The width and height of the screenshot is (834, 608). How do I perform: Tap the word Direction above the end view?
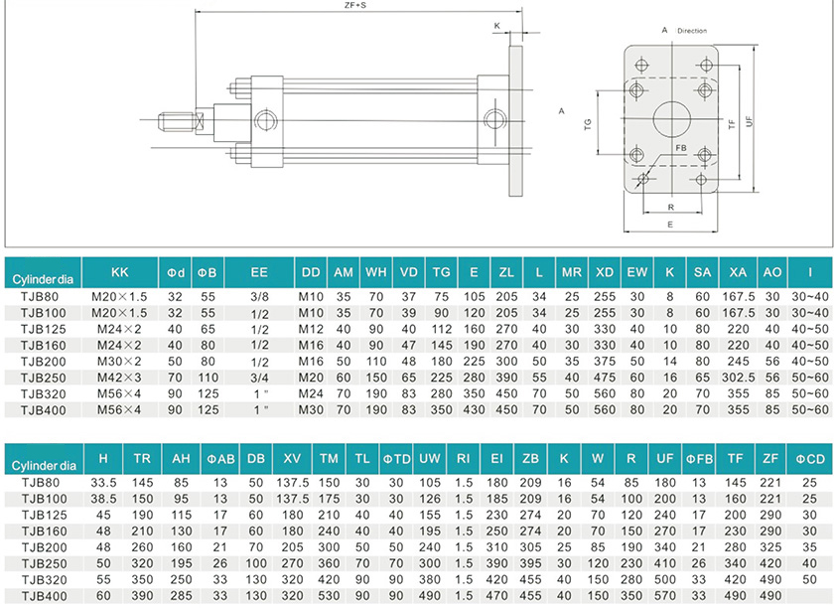(x=691, y=31)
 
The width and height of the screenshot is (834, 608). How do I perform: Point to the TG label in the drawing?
(x=588, y=123)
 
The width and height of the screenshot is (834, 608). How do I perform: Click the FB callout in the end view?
(x=681, y=148)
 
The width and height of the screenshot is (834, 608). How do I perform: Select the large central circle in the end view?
(x=669, y=116)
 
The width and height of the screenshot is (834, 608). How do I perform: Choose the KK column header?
(x=120, y=271)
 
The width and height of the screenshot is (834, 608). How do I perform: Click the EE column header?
(x=259, y=271)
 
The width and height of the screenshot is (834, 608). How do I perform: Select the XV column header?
(x=293, y=461)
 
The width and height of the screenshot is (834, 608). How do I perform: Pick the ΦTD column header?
(x=396, y=461)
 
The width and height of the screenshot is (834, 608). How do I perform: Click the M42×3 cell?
(x=119, y=379)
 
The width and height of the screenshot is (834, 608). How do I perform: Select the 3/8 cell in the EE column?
(x=259, y=296)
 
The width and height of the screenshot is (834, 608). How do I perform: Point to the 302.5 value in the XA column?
(x=738, y=379)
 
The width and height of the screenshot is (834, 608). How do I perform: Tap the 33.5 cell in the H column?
(x=104, y=483)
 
